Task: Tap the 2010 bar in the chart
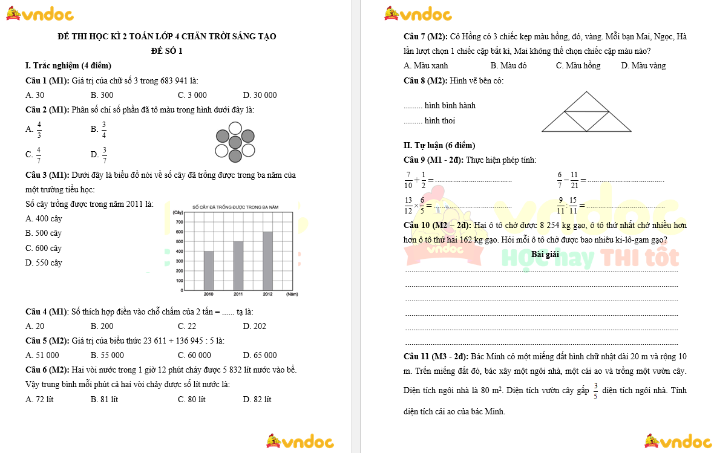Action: pyautogui.click(x=209, y=270)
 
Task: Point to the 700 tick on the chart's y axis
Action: pyautogui.click(x=178, y=222)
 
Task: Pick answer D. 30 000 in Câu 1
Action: pyautogui.click(x=260, y=95)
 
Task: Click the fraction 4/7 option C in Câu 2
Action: pyautogui.click(x=34, y=154)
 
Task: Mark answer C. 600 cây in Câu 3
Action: pyautogui.click(x=44, y=248)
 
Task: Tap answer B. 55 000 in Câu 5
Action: pyautogui.click(x=107, y=355)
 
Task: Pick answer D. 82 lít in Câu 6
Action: pyautogui.click(x=257, y=399)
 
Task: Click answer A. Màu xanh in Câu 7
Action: pyautogui.click(x=426, y=65)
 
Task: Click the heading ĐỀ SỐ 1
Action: pyautogui.click(x=166, y=51)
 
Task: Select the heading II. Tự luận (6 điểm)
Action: pyautogui.click(x=439, y=145)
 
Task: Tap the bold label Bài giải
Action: pyautogui.click(x=545, y=254)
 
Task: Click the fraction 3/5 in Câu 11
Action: pyautogui.click(x=595, y=391)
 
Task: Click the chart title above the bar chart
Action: pyautogui.click(x=235, y=207)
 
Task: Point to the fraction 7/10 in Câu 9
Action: pyautogui.click(x=409, y=179)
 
